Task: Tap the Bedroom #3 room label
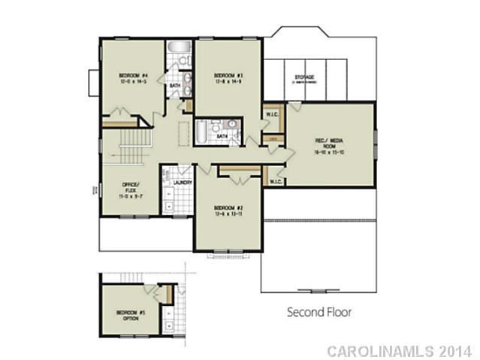pos(225,75)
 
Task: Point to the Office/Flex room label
pos(128,186)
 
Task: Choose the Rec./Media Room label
pos(329,141)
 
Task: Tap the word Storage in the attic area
pos(303,77)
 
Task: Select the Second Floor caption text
pos(320,311)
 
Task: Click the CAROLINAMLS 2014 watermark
pos(399,350)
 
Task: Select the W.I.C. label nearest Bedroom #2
pos(275,181)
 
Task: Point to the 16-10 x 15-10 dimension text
pos(329,152)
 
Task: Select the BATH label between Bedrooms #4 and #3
pos(175,86)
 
